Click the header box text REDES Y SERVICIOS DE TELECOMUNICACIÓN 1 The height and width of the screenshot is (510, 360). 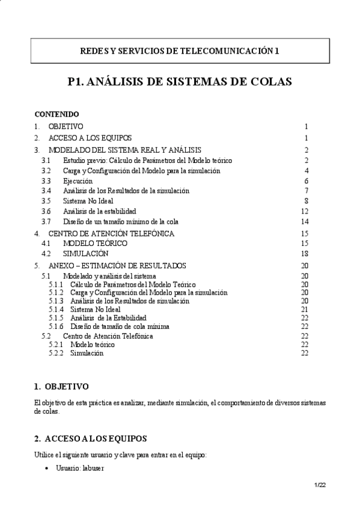click(180, 52)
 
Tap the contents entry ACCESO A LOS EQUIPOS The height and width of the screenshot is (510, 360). click(90, 138)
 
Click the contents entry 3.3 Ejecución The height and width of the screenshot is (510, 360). click(78, 180)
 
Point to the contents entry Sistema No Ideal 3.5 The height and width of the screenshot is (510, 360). click(87, 201)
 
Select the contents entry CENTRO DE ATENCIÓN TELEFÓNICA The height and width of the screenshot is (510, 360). click(111, 233)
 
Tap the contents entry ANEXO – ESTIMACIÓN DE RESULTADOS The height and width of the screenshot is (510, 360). click(117, 265)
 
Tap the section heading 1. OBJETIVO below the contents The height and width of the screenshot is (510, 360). click(61, 386)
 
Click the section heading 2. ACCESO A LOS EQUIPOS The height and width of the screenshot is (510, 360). click(90, 438)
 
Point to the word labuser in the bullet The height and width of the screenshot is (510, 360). click(94, 466)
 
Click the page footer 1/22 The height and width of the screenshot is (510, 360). click(320, 485)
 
